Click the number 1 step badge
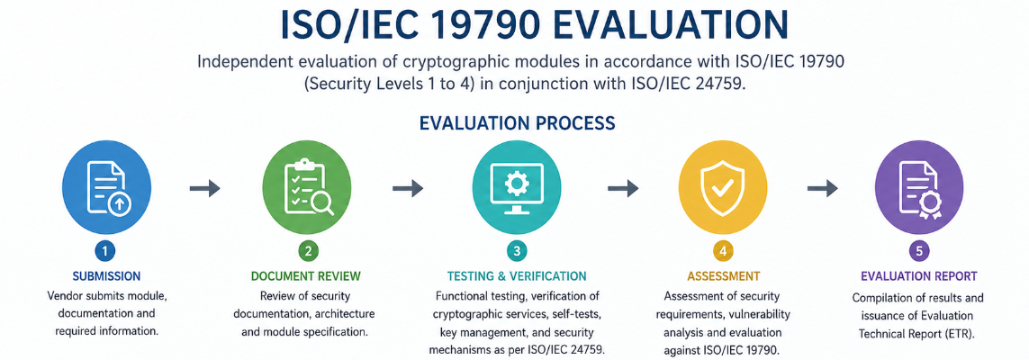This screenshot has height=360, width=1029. click(105, 251)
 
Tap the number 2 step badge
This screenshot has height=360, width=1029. click(307, 251)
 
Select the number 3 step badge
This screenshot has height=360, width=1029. click(517, 251)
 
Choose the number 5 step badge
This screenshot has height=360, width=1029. click(919, 251)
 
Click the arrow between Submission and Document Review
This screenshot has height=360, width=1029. click(204, 189)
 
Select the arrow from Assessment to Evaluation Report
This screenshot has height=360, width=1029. click(822, 189)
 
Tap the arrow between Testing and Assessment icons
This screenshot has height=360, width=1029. click(623, 189)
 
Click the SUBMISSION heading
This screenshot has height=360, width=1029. click(106, 276)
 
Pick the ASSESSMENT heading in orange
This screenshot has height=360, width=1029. click(723, 276)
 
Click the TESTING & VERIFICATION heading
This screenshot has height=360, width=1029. click(517, 276)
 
